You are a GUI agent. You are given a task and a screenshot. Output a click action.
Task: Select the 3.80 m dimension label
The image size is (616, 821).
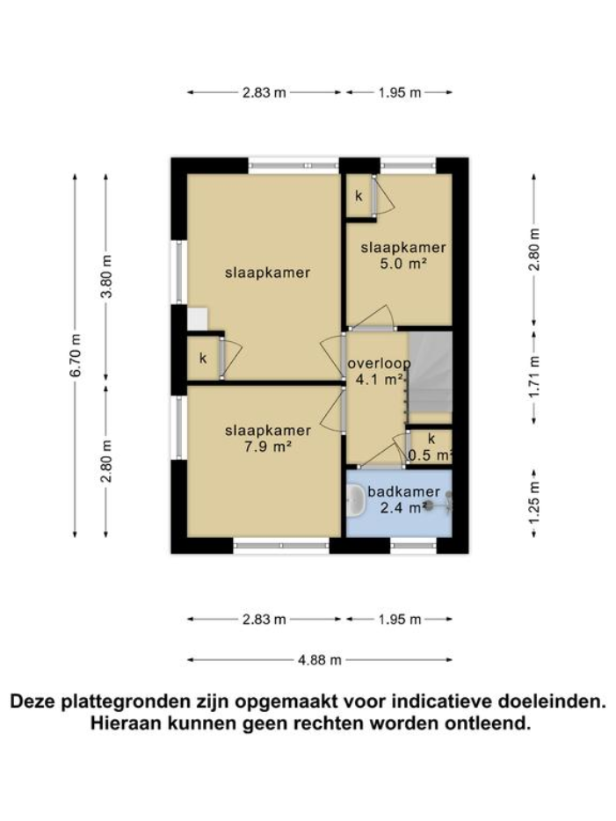click(x=106, y=277)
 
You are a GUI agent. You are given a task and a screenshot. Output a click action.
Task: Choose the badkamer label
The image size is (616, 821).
click(x=398, y=491)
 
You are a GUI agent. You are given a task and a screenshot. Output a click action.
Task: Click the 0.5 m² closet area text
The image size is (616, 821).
click(x=431, y=454)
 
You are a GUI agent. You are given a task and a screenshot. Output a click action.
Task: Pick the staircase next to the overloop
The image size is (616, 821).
click(x=430, y=372)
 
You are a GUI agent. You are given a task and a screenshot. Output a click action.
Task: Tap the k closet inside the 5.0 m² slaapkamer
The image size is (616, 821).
click(x=359, y=195)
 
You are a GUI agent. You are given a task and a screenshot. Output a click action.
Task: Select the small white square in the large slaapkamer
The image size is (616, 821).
click(x=198, y=317)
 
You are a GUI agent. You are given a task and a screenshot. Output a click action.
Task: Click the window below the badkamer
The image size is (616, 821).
click(x=413, y=546)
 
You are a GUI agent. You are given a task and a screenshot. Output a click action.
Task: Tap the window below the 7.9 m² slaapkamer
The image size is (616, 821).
click(x=281, y=546)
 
